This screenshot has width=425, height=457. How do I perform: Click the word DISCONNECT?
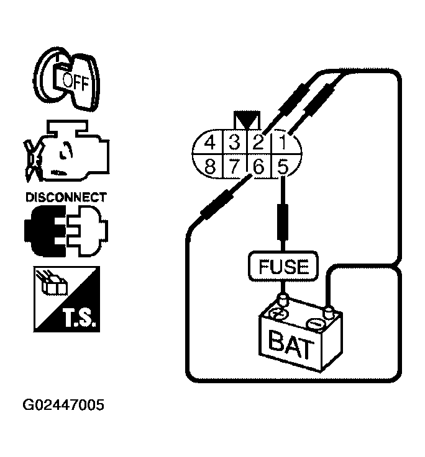point(65,198)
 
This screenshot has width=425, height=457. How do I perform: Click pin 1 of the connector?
point(282,143)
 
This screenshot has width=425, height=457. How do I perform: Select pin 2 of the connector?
point(258,143)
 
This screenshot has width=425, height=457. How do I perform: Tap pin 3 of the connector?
point(234,143)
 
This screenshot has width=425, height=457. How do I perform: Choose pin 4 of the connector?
point(210,143)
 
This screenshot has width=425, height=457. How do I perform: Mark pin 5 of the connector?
point(282,166)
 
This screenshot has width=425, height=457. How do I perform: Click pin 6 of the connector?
point(258,166)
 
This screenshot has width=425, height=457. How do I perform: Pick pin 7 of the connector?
point(234,166)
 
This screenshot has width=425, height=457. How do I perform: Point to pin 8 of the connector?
point(210,166)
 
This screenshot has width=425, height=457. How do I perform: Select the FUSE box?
point(283,266)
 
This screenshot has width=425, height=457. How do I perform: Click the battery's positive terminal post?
point(284,301)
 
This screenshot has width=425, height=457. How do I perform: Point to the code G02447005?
point(63,406)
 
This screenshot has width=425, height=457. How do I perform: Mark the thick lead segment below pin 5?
point(283,222)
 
